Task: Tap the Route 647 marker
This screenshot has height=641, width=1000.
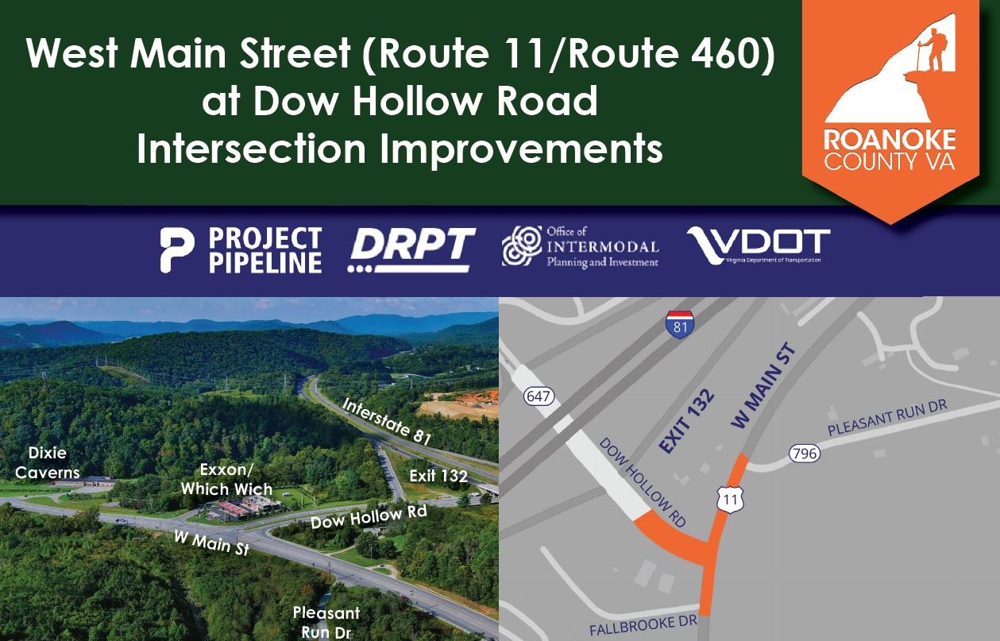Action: [539, 396]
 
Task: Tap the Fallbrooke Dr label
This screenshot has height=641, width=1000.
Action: [643, 625]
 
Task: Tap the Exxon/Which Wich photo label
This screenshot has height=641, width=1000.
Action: [226, 479]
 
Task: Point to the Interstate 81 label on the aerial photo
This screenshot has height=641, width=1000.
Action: [387, 420]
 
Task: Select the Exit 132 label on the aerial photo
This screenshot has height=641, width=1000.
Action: [438, 476]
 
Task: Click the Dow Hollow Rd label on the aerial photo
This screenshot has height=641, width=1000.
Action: [369, 517]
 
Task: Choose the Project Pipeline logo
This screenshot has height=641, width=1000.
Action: [241, 249]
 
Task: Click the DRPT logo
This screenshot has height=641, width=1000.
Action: [412, 249]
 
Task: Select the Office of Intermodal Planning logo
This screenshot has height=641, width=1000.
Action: [580, 247]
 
